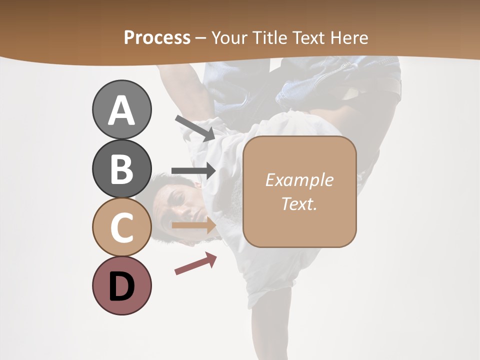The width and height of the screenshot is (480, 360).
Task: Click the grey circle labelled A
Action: [x=122, y=109]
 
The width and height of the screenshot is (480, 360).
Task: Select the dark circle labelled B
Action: [x=122, y=168]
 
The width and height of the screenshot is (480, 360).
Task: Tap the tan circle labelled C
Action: [x=122, y=227]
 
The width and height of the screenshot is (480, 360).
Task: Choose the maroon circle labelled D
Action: [x=122, y=286]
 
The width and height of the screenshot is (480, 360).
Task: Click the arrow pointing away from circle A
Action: [x=195, y=128]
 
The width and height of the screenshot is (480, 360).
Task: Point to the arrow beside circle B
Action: [x=193, y=171]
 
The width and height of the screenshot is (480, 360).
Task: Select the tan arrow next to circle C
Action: [x=193, y=225]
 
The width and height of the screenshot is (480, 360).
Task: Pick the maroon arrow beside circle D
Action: [x=195, y=263]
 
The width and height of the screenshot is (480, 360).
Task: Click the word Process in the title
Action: [x=157, y=37]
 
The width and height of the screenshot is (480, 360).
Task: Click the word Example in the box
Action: [x=299, y=180]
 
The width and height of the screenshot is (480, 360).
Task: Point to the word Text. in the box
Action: [x=299, y=203]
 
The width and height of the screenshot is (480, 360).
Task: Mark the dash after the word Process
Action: [x=200, y=38]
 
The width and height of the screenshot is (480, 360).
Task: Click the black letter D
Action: [x=122, y=286]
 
